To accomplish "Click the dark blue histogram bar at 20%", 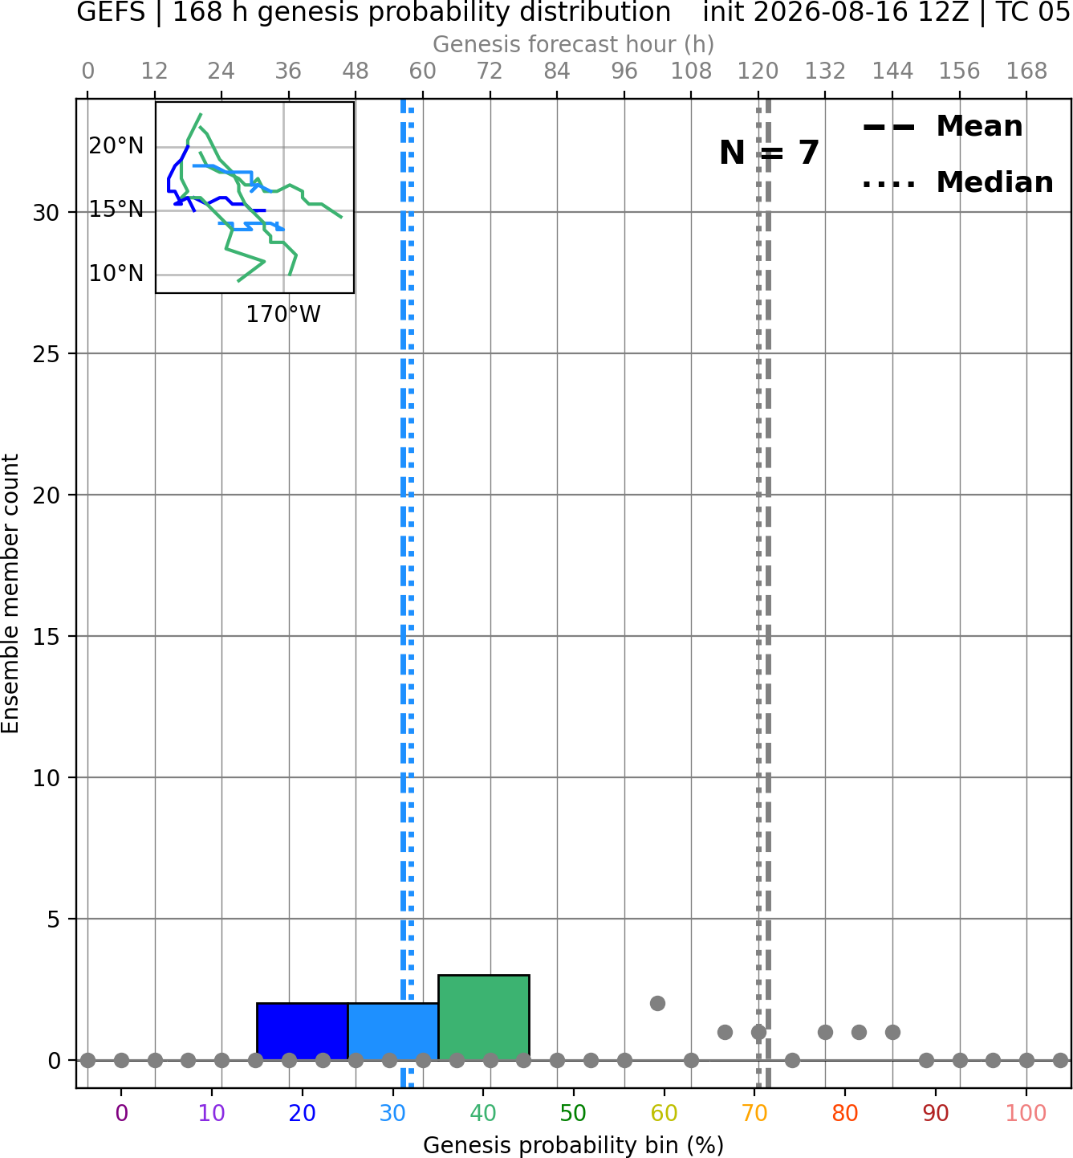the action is (x=303, y=1031).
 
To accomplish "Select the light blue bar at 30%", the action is (x=392, y=1031).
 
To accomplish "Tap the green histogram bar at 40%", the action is (x=484, y=1017).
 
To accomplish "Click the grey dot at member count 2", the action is (x=657, y=1004).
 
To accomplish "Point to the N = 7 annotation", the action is (x=770, y=153).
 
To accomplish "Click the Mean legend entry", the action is (x=942, y=127).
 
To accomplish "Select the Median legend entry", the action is (x=957, y=182).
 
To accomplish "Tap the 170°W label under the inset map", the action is (x=283, y=315).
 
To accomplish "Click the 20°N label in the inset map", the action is (x=116, y=146).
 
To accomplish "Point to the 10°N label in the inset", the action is (x=116, y=274).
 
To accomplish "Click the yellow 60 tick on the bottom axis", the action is (x=664, y=1114).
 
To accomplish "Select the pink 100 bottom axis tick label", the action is (x=1026, y=1114).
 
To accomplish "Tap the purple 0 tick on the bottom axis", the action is (x=121, y=1114).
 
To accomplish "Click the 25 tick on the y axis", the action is (x=47, y=354).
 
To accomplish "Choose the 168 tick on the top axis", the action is (x=1026, y=71).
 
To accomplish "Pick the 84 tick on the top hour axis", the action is (x=557, y=71).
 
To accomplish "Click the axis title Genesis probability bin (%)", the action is (x=574, y=1145).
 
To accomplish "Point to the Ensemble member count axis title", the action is (x=10, y=593).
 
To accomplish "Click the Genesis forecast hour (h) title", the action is (x=574, y=44).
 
